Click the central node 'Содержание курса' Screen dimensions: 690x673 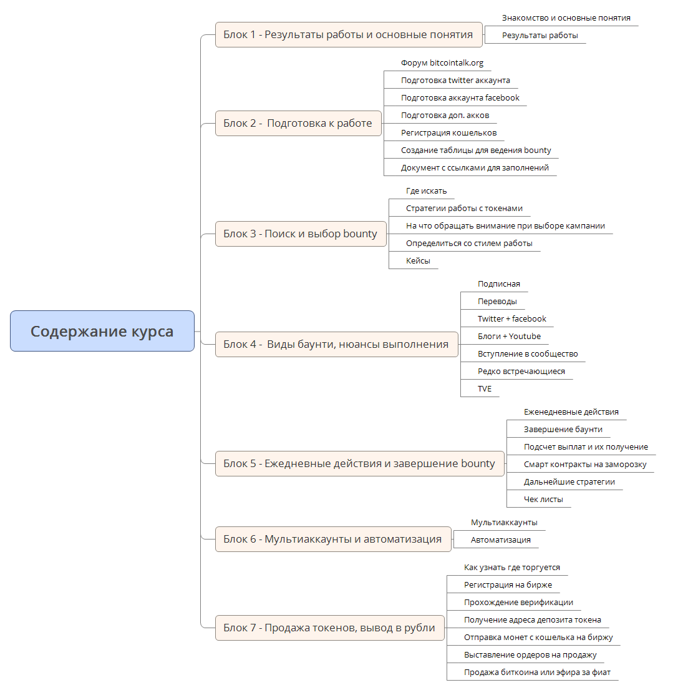102,331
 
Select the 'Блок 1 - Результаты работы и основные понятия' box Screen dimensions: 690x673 348,34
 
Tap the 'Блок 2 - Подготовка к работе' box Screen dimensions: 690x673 298,123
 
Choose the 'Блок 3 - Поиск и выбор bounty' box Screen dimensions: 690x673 300,234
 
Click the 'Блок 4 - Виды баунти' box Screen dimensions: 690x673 336,344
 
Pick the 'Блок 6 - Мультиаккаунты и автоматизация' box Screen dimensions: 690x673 332,539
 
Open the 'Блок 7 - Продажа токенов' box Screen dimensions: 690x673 329,628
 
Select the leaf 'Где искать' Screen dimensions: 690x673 426,191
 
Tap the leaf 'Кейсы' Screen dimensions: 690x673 418,261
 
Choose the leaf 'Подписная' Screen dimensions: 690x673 498,284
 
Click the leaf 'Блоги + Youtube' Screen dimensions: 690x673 509,337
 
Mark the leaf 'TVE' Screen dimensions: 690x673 485,389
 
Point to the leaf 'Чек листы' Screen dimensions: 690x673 543,500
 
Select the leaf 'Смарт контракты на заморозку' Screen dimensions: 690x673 585,465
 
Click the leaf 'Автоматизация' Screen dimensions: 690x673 500,540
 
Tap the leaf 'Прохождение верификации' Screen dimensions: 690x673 518,603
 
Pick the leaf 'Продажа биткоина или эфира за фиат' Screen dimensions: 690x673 537,673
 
